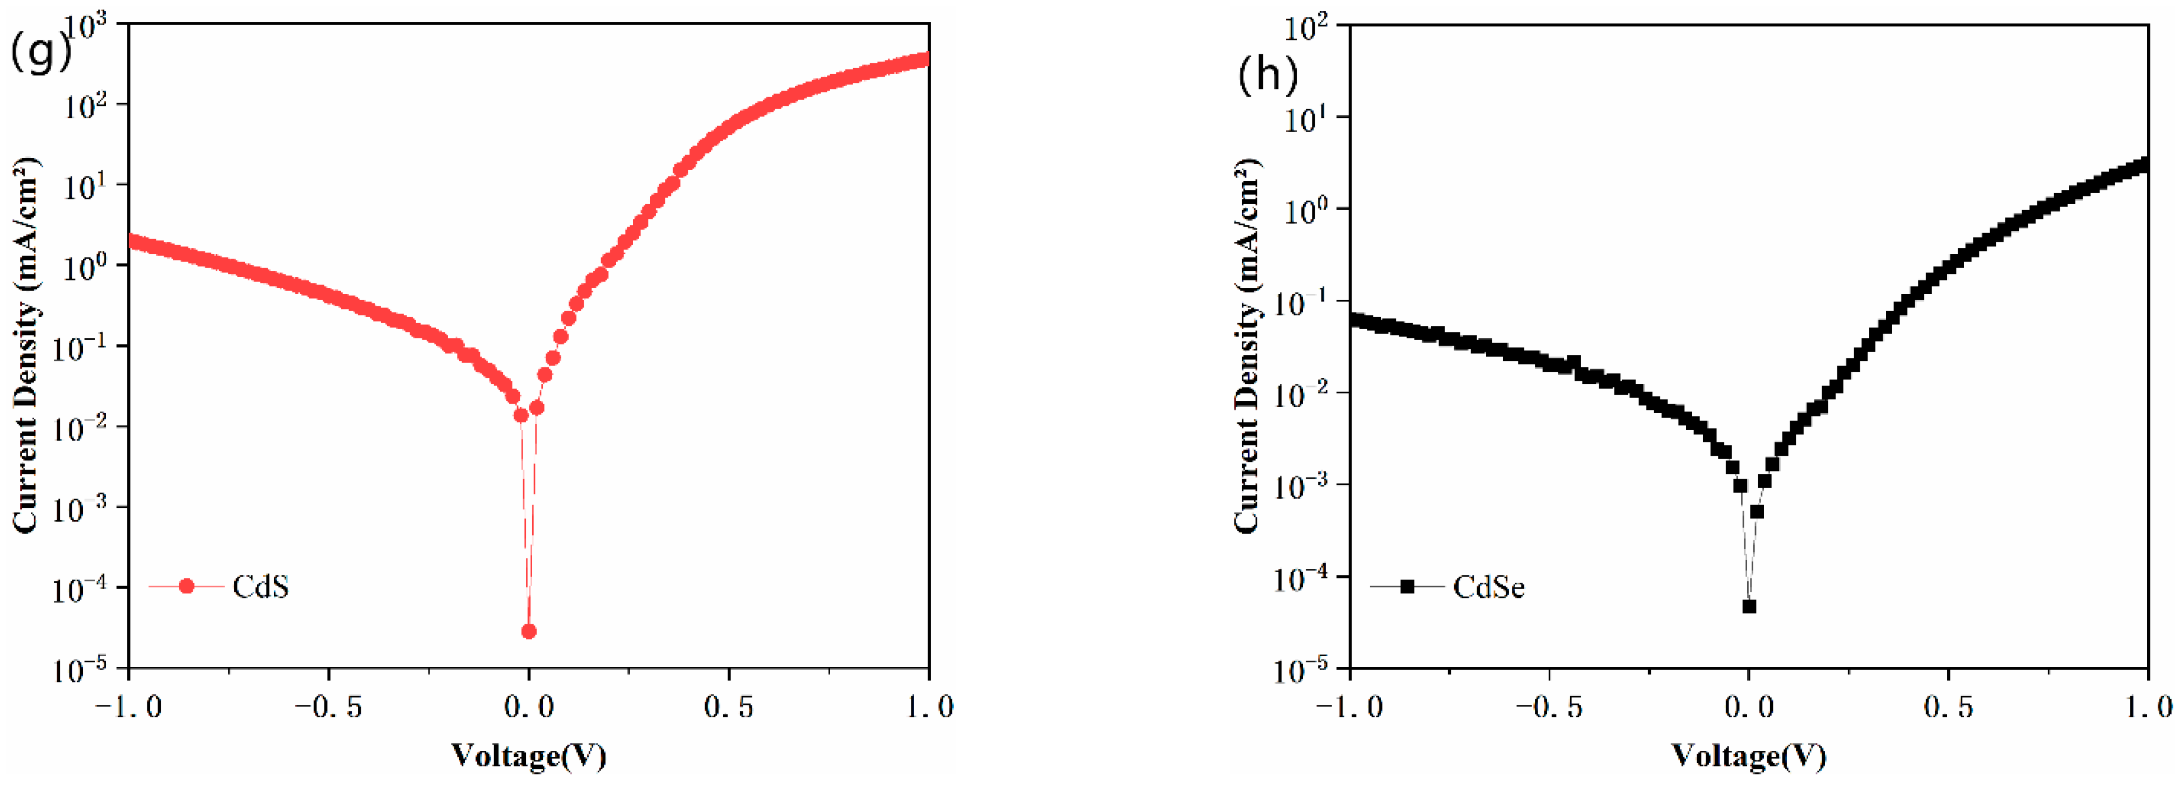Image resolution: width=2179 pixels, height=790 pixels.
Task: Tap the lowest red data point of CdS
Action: coord(529,631)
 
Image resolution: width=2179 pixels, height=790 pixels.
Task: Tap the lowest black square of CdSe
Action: coord(1748,606)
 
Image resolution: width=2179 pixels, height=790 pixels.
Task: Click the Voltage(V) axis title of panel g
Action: coord(529,755)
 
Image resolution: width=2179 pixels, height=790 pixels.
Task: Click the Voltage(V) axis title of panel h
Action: coord(1748,755)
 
